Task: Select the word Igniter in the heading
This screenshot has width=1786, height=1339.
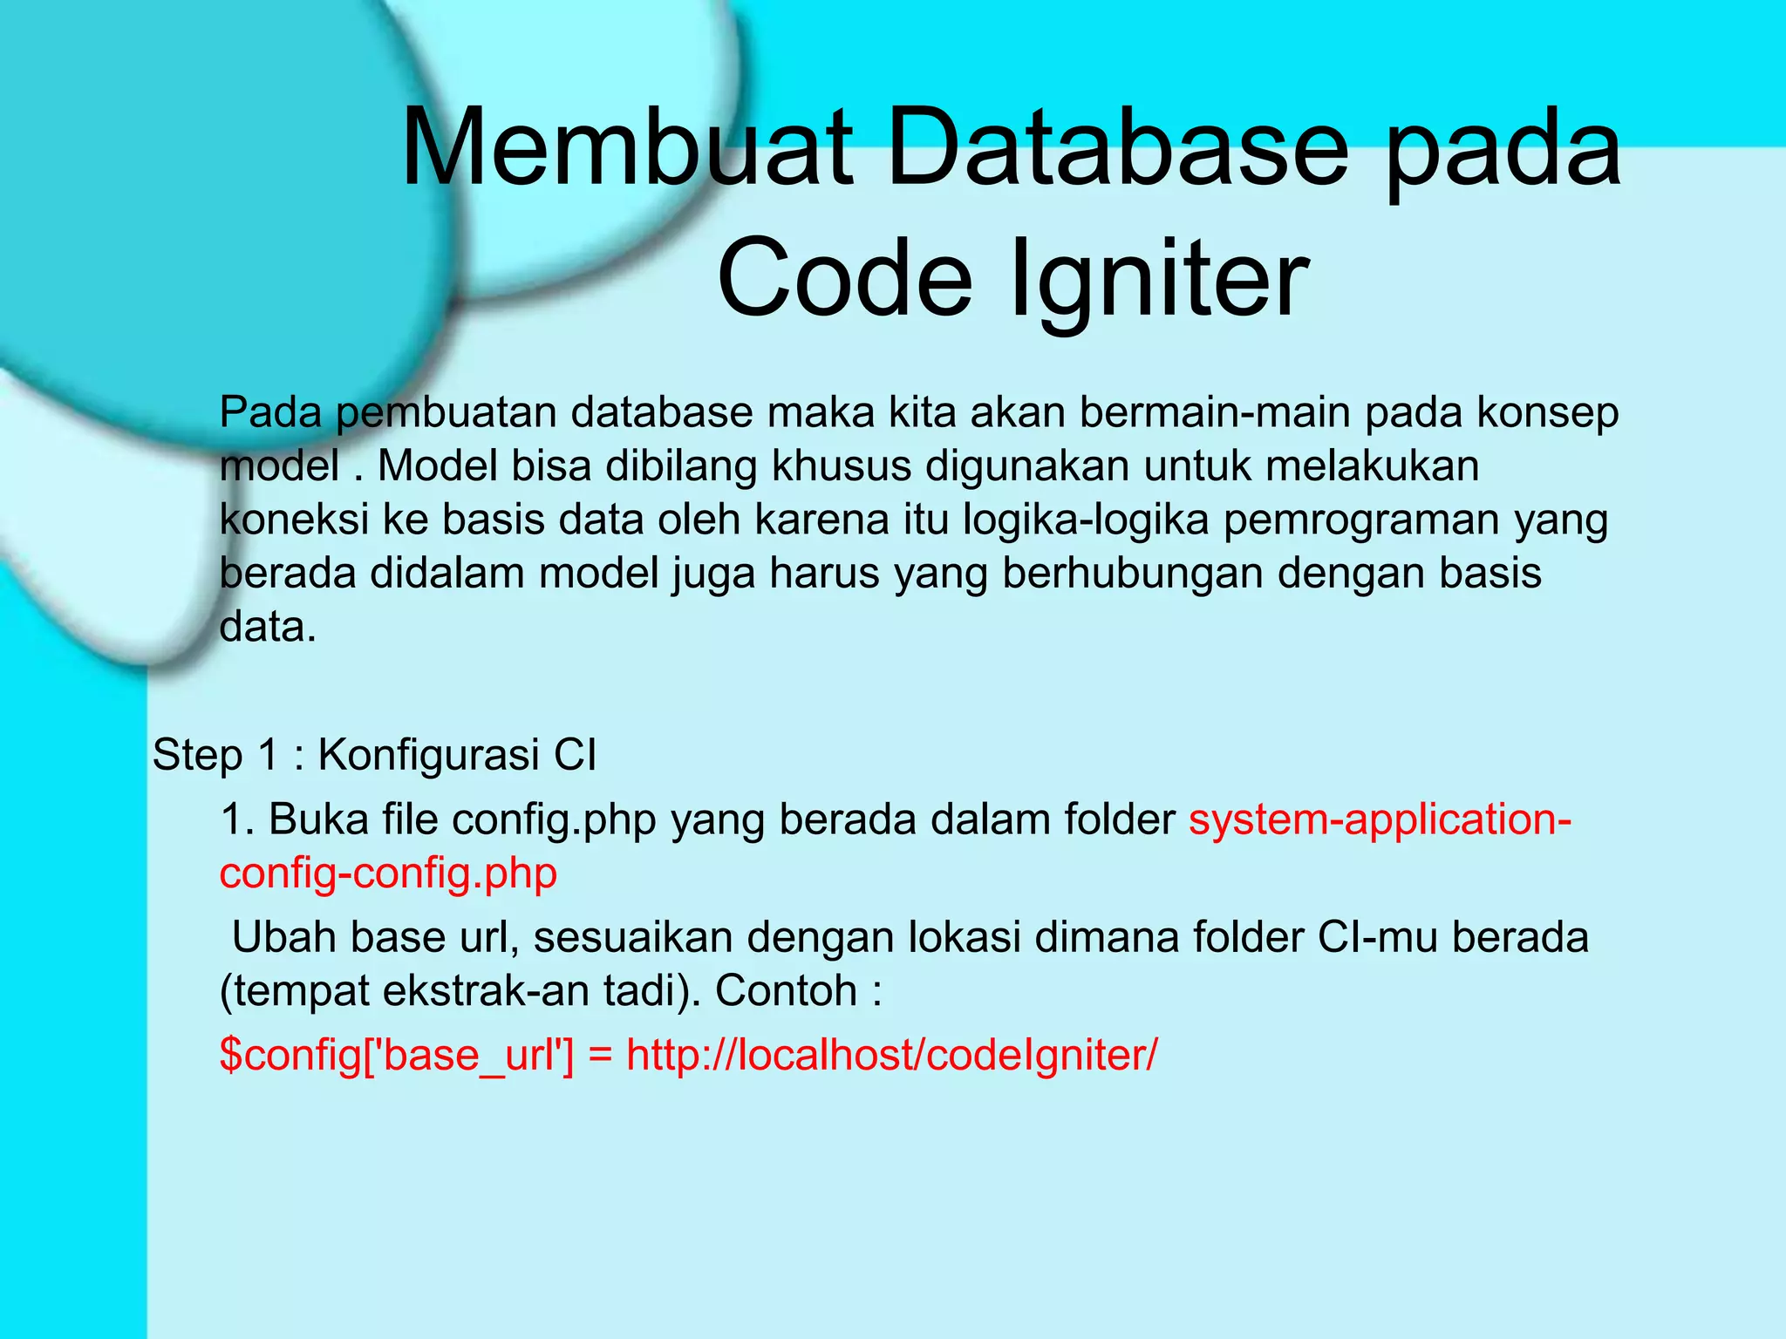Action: click(1159, 278)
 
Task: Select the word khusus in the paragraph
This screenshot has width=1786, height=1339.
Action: click(841, 466)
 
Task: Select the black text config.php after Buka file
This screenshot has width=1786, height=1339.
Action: click(554, 821)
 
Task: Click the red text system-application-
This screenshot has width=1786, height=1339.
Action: click(1380, 821)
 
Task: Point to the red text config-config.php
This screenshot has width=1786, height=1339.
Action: click(388, 874)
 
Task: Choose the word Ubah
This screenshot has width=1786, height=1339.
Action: click(283, 938)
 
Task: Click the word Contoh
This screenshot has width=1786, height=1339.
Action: click(786, 991)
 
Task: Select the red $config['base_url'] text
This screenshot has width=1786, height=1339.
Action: click(397, 1056)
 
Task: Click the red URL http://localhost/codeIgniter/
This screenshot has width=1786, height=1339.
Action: click(891, 1056)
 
